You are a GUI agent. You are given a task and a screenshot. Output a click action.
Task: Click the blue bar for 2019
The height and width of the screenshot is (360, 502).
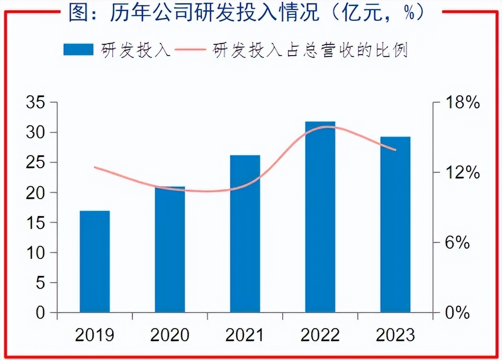(x=95, y=262)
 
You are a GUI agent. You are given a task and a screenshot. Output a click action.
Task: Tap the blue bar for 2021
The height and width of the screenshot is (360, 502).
(x=245, y=234)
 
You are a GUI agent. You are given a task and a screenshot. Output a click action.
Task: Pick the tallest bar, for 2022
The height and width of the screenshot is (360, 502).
(x=320, y=217)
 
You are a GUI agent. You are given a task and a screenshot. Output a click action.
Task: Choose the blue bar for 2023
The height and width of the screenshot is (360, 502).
(x=395, y=224)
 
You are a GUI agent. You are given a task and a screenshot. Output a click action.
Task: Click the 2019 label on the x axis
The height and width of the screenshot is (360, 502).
(x=95, y=335)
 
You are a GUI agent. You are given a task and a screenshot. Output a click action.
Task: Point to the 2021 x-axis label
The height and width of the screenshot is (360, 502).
(x=245, y=335)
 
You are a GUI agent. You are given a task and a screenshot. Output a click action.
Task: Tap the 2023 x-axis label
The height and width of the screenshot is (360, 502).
(x=395, y=335)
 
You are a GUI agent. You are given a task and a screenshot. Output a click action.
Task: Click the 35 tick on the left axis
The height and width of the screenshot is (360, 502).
(x=36, y=102)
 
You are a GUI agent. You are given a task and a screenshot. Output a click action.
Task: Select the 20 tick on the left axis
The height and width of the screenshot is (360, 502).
(x=36, y=193)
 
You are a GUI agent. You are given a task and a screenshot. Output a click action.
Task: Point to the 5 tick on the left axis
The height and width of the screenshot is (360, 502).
(x=41, y=283)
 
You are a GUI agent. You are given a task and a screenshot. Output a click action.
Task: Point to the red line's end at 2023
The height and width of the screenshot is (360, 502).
(x=396, y=150)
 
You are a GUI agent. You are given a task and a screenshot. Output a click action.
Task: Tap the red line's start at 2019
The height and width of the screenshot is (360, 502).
(x=95, y=167)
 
